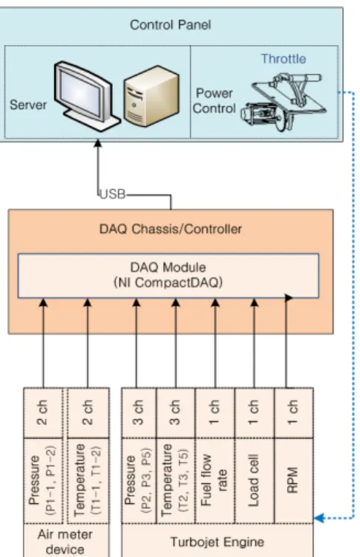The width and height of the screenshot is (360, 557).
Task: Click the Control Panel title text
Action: [170, 25]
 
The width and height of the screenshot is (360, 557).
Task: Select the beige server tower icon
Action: [151, 96]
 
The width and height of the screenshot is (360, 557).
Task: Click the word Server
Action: [28, 105]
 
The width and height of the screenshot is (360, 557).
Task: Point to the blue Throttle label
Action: [283, 58]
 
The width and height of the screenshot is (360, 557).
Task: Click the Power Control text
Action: [214, 101]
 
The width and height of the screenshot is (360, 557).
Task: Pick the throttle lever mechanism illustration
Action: [283, 102]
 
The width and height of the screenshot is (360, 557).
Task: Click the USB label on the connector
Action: [113, 194]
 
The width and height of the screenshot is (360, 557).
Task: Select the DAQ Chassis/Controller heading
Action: [170, 229]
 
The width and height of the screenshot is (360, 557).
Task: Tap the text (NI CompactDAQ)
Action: [168, 283]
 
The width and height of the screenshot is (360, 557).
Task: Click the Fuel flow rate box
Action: [215, 480]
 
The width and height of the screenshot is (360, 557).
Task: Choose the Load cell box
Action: [254, 480]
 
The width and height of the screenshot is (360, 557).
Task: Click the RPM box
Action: [294, 480]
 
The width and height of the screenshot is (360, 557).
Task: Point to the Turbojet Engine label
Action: [217, 542]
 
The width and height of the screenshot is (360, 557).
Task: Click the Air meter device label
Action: [66, 542]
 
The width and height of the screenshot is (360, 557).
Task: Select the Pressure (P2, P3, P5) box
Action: [139, 480]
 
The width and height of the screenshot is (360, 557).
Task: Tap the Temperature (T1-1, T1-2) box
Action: [88, 480]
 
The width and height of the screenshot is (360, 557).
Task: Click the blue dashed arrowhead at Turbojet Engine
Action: [319, 518]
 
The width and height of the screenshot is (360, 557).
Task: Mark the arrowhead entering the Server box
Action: [97, 143]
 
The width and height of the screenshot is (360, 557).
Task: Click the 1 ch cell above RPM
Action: [294, 413]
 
